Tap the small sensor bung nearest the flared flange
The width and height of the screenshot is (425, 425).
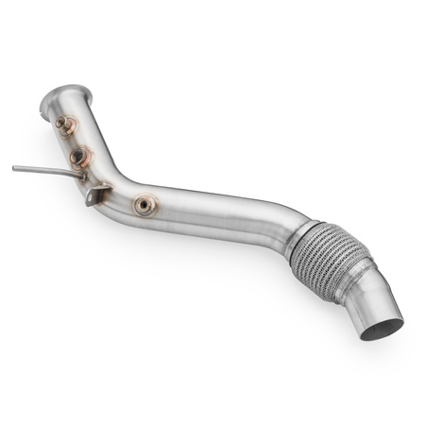(65, 123)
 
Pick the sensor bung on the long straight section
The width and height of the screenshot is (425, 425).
(144, 205)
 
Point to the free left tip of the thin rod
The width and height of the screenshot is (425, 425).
(14, 168)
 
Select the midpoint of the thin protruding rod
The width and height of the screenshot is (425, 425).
(45, 171)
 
